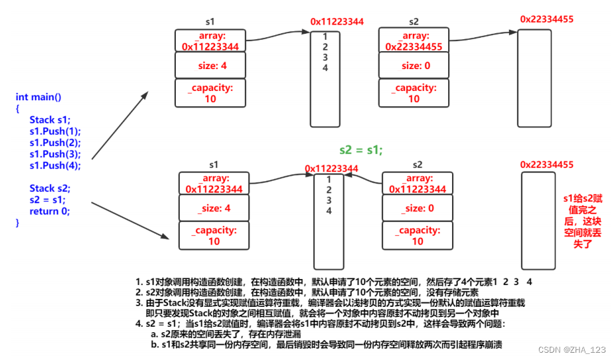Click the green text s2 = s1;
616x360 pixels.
coord(361,149)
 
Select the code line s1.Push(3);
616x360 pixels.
coord(55,153)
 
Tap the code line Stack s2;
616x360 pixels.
coord(50,188)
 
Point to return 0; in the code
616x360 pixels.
coord(50,211)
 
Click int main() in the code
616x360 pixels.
coord(38,97)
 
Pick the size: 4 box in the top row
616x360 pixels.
coord(210,66)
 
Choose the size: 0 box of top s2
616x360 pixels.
coord(415,66)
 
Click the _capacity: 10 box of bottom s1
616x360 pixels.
coord(214,236)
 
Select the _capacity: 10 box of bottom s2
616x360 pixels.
coord(418,236)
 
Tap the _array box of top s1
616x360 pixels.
coord(210,41)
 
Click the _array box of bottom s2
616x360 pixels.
coord(418,184)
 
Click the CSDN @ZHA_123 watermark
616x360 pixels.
coord(572,349)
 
